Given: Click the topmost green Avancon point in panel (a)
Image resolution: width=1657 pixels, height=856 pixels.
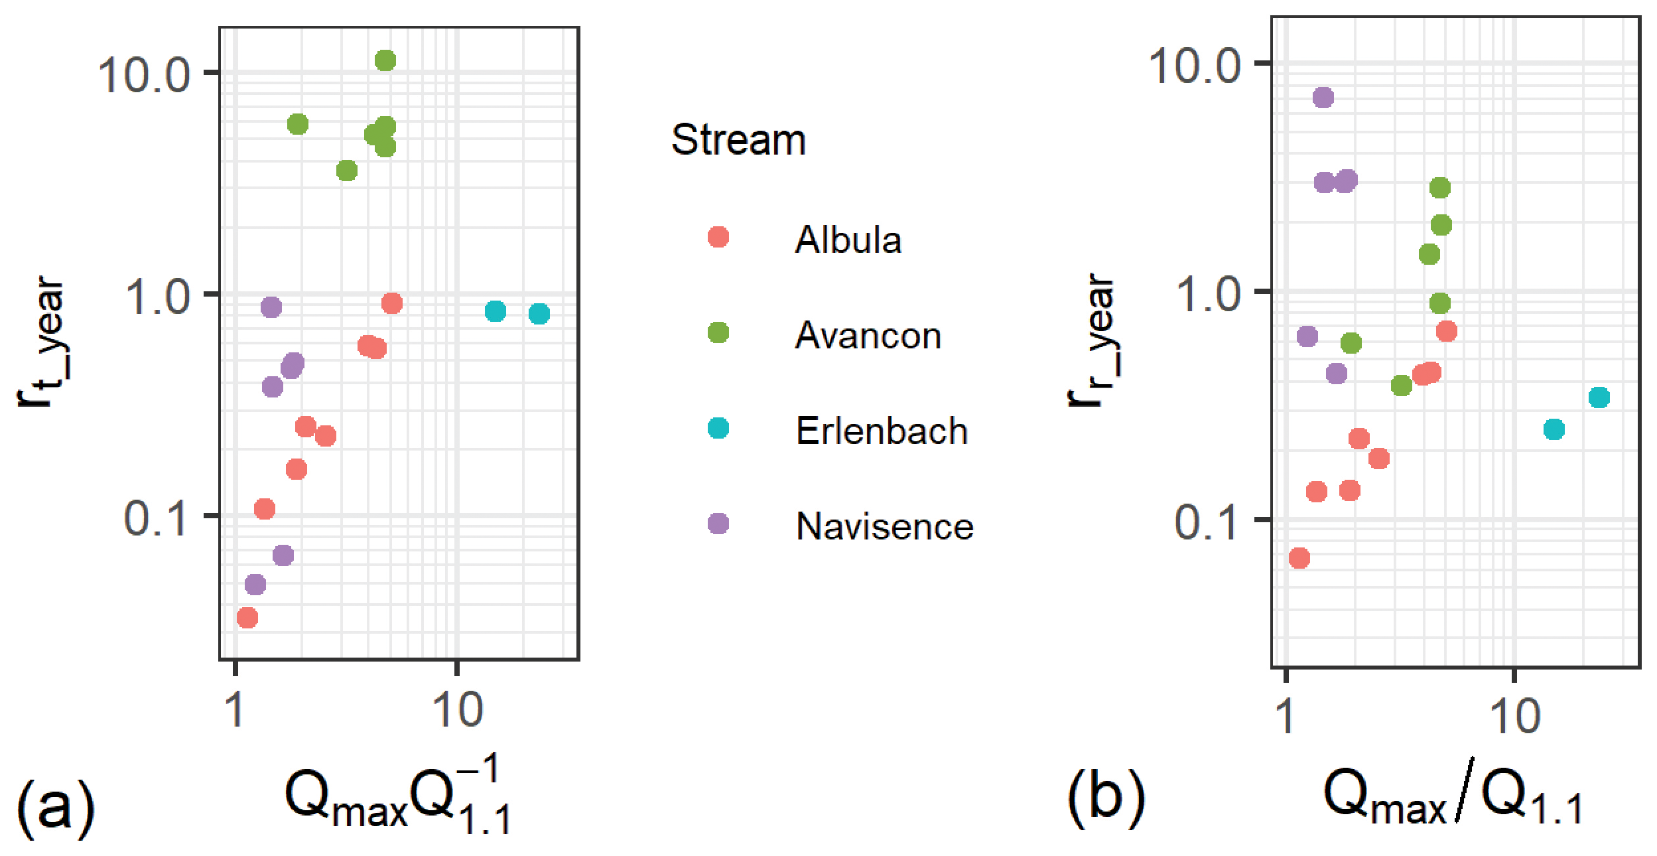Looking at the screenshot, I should tap(385, 61).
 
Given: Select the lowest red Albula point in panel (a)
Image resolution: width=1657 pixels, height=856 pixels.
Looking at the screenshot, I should tap(247, 618).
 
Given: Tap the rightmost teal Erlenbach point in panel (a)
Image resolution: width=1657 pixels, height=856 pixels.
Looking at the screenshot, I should tap(539, 314).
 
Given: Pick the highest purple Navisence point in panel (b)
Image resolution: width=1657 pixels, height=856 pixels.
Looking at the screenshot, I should tap(1323, 98).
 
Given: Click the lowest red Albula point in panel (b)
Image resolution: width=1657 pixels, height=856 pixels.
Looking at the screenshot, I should tap(1299, 558).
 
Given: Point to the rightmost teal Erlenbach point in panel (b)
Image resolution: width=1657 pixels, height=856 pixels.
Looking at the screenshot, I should tap(1599, 398).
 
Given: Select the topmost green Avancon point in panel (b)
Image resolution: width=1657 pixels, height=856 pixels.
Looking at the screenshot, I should tap(1439, 188).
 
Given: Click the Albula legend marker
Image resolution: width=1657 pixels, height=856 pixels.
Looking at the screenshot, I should tap(718, 237).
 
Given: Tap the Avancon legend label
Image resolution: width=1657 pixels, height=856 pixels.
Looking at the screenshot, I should tap(868, 335).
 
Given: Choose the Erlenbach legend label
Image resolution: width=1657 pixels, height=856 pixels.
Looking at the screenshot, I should tap(882, 431).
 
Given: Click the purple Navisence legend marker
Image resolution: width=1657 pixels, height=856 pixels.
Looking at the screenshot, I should tap(718, 524).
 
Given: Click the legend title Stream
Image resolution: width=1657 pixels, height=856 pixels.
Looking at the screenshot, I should tap(738, 140).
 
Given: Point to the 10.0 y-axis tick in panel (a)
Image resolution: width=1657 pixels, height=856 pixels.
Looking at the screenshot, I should tap(144, 74).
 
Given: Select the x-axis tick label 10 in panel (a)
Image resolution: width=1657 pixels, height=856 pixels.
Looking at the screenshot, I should tap(457, 711).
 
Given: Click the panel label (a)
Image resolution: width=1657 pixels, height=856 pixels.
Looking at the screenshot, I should tap(55, 804).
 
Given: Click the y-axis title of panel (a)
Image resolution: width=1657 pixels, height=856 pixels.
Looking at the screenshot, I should tap(41, 341).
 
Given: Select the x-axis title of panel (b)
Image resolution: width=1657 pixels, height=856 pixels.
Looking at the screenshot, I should tap(1453, 794).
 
